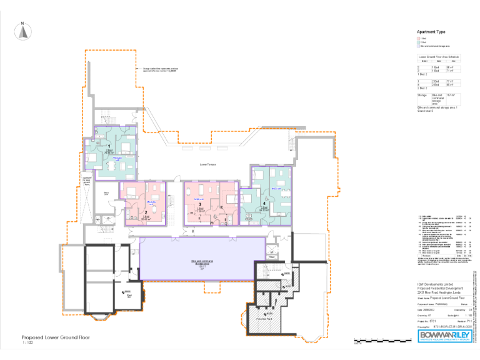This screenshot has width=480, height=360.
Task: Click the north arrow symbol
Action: click(x=22, y=31)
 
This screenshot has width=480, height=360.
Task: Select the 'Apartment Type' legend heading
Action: click(x=431, y=31)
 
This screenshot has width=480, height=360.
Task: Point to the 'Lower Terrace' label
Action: click(x=208, y=164)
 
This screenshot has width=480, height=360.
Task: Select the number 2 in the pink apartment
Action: click(x=145, y=213)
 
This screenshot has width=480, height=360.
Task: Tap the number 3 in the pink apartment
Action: click(x=199, y=204)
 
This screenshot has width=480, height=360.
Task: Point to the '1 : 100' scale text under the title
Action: click(x=27, y=342)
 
